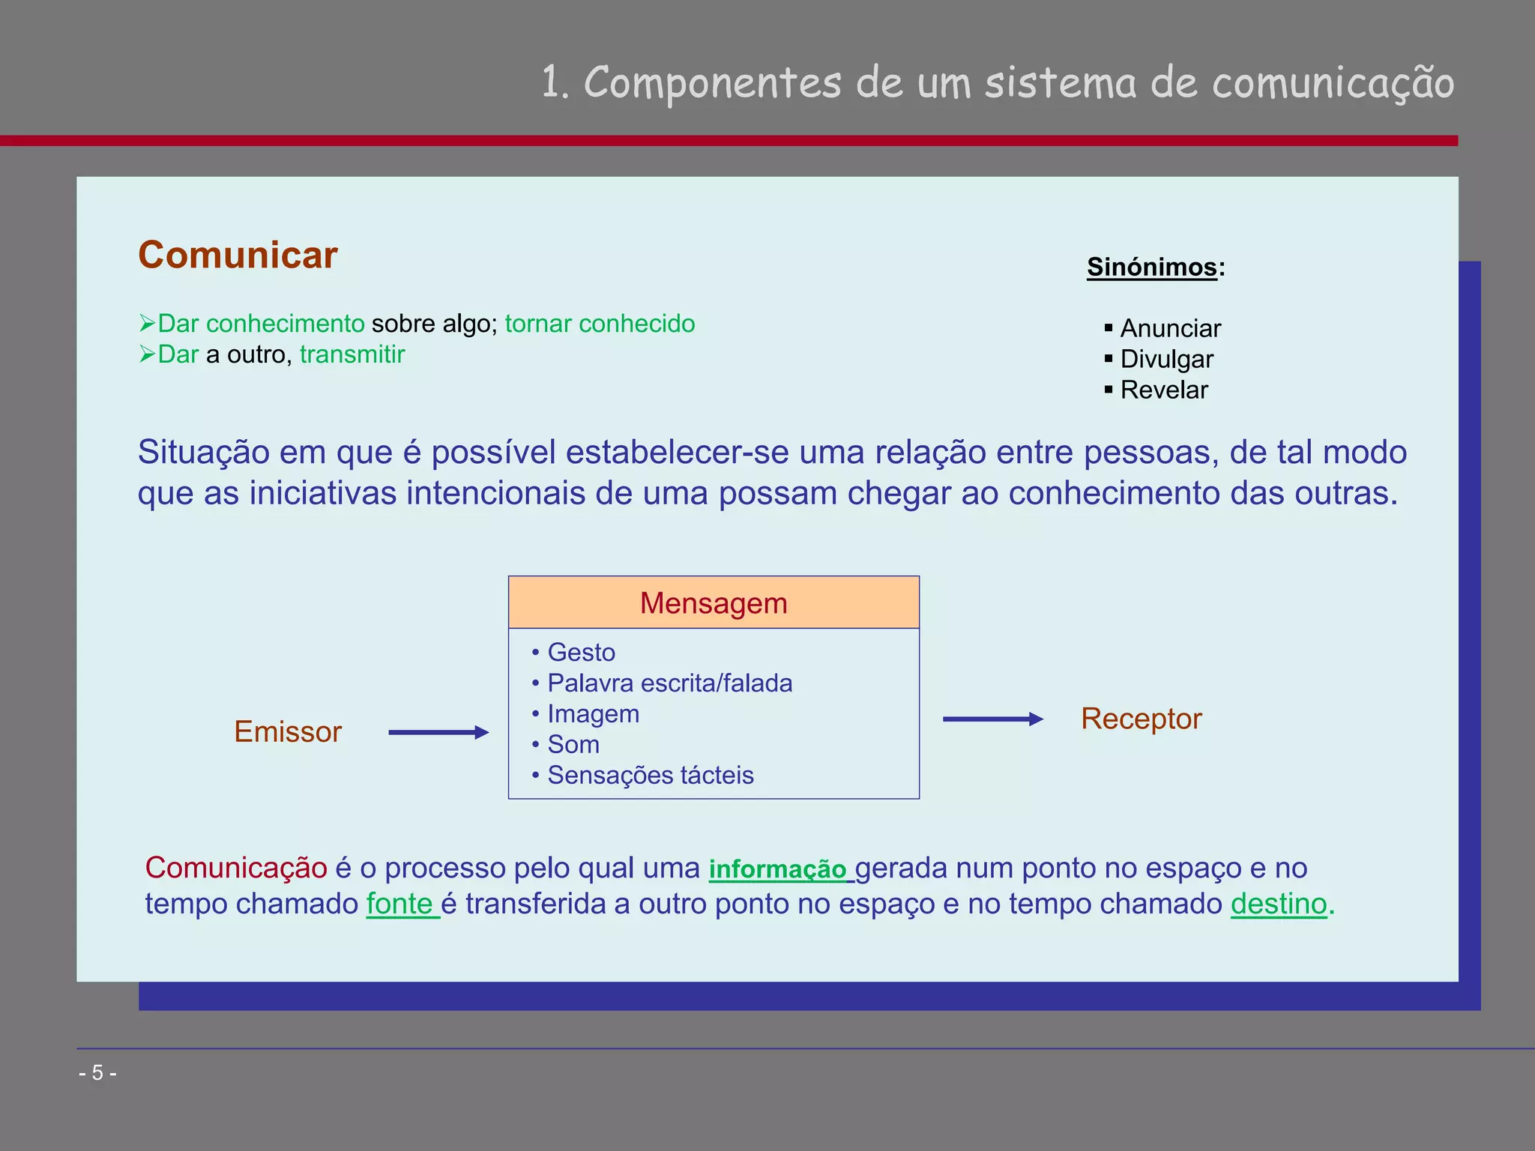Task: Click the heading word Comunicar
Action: [x=238, y=255]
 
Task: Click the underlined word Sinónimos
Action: [x=1151, y=267]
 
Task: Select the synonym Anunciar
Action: [x=1170, y=328]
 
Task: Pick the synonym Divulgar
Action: [x=1166, y=359]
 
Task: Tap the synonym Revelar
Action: [x=1163, y=390]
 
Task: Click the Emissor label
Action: [x=288, y=731]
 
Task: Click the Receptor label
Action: [x=1141, y=719]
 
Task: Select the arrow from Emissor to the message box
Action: [x=438, y=732]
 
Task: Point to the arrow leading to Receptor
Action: [x=992, y=719]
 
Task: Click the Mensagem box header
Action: [x=714, y=602]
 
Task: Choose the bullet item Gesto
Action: [x=581, y=653]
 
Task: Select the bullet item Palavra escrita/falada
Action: [x=669, y=683]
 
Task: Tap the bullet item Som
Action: [x=573, y=745]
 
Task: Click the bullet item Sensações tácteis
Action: [x=650, y=776]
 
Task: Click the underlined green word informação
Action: [x=777, y=869]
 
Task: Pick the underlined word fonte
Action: [x=399, y=904]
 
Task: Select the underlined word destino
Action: [x=1279, y=904]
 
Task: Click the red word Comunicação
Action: [x=236, y=868]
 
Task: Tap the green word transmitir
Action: [x=352, y=354]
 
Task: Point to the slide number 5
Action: [x=97, y=1073]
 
